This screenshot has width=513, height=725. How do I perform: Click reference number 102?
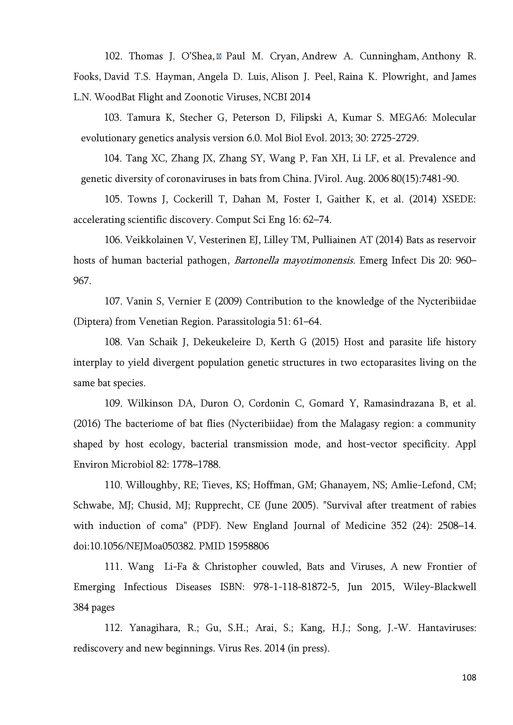click(x=113, y=56)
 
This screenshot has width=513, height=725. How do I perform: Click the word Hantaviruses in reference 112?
click(x=447, y=628)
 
